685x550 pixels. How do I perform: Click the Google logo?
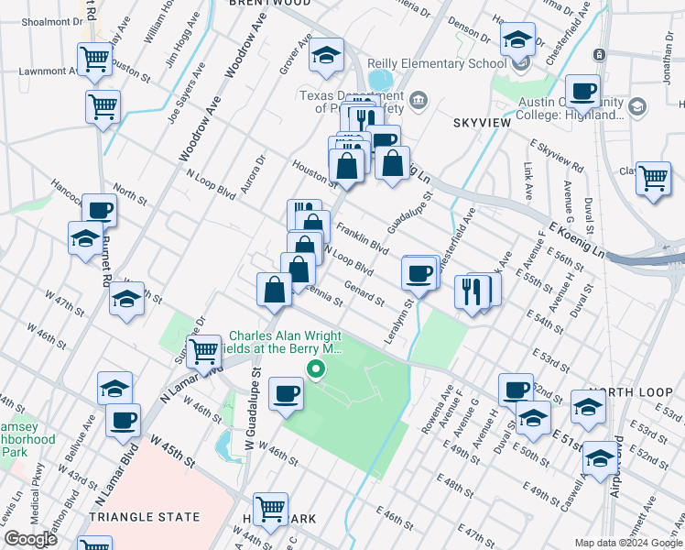31,539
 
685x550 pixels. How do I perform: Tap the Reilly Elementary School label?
437,63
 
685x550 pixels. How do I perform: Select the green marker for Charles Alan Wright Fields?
317,370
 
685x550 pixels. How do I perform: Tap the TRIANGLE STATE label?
145,517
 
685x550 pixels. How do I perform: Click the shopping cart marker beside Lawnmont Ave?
96,60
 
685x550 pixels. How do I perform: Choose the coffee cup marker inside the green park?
287,394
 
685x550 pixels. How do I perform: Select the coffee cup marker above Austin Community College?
582,92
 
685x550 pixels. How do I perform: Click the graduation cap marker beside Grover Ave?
325,56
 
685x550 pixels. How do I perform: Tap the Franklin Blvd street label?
363,237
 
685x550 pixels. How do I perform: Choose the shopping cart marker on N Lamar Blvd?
203,350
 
